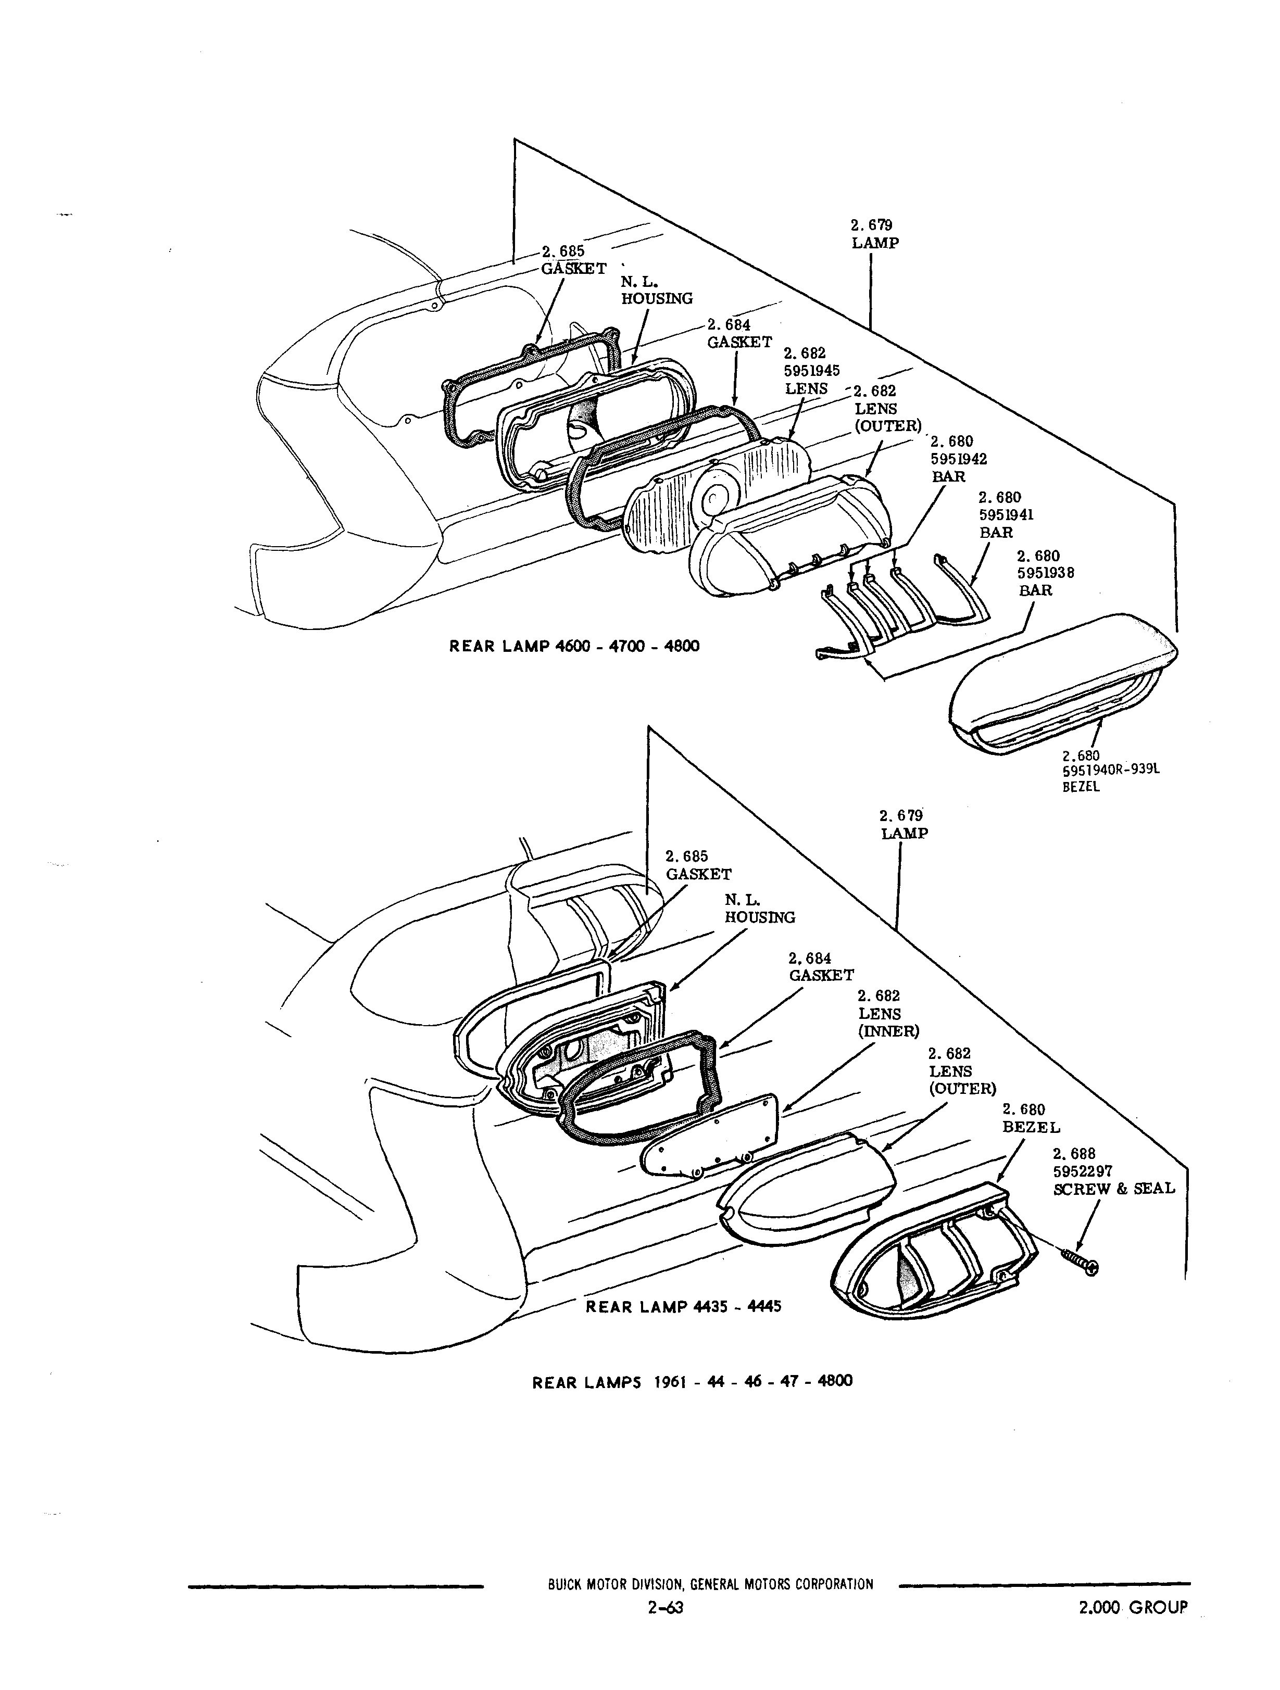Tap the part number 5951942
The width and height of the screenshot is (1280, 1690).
pos(958,458)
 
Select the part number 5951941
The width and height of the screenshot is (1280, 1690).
pos(1007,515)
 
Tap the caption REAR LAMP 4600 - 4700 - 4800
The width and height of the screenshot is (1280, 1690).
pos(574,646)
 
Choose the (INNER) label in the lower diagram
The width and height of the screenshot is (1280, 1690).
pos(889,1031)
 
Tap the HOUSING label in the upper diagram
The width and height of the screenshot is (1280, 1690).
pos(657,299)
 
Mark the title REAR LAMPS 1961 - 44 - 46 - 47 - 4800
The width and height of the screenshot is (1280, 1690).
pos(693,1381)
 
